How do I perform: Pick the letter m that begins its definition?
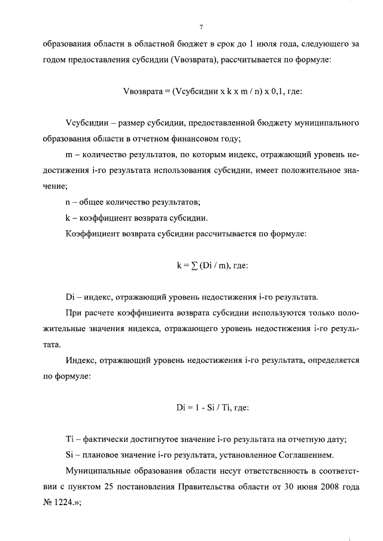click(x=68, y=154)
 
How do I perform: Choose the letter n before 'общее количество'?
click(x=68, y=201)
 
